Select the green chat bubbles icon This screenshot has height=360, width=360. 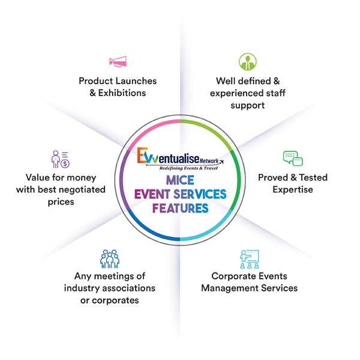293,158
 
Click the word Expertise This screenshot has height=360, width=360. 293,190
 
